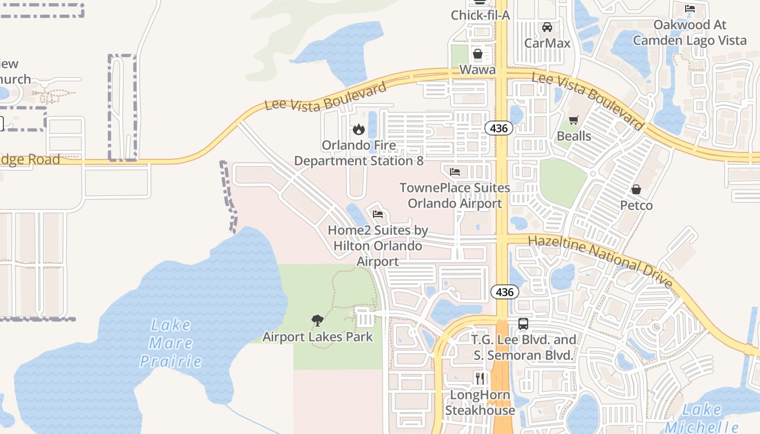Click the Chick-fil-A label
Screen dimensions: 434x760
480,15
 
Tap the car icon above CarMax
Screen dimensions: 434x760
547,27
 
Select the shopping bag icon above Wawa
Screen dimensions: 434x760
478,54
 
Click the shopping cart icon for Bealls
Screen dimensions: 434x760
574,120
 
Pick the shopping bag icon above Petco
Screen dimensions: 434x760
636,189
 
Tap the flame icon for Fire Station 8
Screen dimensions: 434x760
358,130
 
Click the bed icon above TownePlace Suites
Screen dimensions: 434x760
455,172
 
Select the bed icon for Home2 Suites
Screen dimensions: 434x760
378,214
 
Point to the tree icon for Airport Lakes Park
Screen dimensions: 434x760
318,321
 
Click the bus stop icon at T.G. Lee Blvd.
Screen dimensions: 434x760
523,324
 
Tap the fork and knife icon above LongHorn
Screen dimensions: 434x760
480,378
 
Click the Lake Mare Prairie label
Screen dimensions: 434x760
170,343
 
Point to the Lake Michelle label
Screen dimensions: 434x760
702,418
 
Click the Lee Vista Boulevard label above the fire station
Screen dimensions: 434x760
326,96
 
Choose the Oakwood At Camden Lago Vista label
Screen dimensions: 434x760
689,33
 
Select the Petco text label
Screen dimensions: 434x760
636,206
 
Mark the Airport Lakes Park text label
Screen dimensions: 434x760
318,337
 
